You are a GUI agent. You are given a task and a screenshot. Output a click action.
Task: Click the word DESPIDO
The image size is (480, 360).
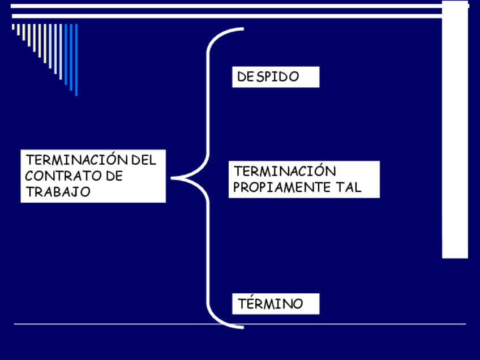(x=268, y=77)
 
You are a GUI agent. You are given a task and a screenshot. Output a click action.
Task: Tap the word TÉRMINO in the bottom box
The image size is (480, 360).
(x=271, y=304)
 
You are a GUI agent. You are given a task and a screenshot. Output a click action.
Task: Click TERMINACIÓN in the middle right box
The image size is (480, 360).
(x=277, y=171)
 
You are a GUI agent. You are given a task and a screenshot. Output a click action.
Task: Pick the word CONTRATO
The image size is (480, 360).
(x=56, y=176)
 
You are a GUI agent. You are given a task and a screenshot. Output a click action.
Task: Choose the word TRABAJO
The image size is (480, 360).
(x=58, y=192)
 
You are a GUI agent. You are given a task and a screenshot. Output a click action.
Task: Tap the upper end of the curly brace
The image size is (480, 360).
(x=242, y=29)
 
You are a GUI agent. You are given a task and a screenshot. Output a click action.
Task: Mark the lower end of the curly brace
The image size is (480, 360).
(x=242, y=327)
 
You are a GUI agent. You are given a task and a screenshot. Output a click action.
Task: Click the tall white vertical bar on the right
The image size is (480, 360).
(x=455, y=136)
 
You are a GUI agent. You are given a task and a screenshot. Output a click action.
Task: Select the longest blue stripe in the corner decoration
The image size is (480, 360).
(x=76, y=59)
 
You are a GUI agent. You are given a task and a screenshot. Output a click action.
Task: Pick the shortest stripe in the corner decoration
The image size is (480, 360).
(x=14, y=27)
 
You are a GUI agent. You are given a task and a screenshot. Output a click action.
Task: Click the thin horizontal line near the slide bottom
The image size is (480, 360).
(x=240, y=324)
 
